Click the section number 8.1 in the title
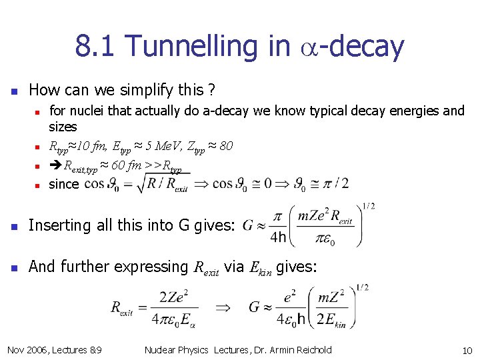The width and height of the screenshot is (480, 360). coord(95,46)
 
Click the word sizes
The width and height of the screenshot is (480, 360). coord(63,127)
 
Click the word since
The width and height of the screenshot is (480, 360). coord(63,184)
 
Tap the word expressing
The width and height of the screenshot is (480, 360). coord(150,267)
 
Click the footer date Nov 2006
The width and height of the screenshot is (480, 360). coord(28,350)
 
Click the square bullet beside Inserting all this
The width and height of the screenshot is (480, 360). coord(13,226)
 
